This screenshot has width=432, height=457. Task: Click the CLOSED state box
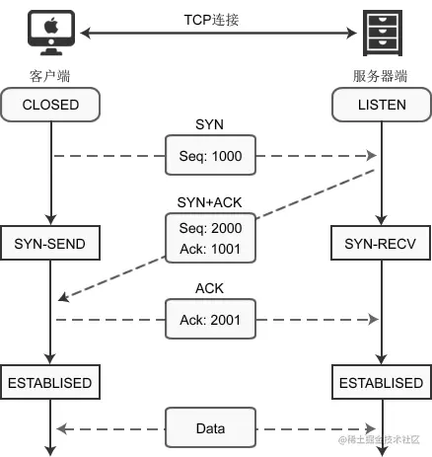coord(50,105)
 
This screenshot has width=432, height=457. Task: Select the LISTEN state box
coord(382,105)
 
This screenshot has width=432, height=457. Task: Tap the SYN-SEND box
coord(50,243)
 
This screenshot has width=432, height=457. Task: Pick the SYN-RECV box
coord(381,243)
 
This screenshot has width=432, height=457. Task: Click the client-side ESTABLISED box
coord(50,382)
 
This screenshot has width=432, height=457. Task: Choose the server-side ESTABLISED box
coord(382,382)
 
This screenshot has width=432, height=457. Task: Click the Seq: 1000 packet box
coord(210,155)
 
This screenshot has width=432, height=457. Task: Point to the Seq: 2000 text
coord(210,228)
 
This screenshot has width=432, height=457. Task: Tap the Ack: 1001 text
coord(210,249)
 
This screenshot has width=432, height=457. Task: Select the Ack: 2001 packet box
coord(210,319)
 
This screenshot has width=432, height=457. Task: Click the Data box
coord(210,427)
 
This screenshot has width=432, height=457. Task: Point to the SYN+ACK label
coord(209,202)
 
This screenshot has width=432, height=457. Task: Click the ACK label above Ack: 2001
coord(209,288)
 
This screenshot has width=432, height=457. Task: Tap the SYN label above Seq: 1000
coord(209,124)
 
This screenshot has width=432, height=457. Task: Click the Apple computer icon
coord(51,33)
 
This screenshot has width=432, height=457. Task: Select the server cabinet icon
coord(383,33)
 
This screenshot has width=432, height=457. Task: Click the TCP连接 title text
coord(211,20)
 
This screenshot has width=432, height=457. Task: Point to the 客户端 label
coord(50,76)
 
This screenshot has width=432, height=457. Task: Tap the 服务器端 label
coord(380,76)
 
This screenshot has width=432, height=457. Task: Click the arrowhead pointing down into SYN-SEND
coord(50,220)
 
